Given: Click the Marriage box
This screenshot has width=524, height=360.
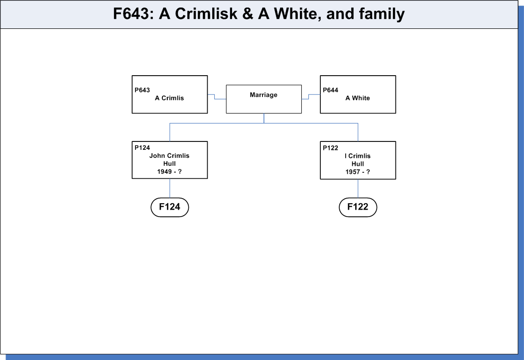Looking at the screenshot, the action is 263,99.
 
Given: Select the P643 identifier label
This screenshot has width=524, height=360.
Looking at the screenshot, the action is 142,90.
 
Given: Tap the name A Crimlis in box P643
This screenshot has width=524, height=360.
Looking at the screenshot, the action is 169,98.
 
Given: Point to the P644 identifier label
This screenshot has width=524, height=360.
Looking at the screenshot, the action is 331,90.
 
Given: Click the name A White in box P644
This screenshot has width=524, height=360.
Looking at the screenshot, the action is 358,98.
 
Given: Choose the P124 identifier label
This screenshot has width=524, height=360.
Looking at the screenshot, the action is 142,147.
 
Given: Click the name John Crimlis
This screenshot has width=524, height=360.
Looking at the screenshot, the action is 169,156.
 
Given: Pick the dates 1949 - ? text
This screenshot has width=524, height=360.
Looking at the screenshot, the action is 169,172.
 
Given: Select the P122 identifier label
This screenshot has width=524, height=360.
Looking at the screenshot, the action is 331,148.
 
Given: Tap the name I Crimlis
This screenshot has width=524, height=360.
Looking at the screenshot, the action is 358,156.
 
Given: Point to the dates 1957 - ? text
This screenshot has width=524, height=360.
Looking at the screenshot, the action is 358,172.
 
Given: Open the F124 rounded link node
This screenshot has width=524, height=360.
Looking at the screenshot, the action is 170,207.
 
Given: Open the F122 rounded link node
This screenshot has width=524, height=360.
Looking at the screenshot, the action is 358,207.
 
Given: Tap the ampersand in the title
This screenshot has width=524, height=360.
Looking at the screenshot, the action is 248,14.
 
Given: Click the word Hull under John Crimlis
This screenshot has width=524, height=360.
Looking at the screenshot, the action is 169,164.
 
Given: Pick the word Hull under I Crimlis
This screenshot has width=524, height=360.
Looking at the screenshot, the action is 358,164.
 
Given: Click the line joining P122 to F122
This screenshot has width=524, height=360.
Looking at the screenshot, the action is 358,189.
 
